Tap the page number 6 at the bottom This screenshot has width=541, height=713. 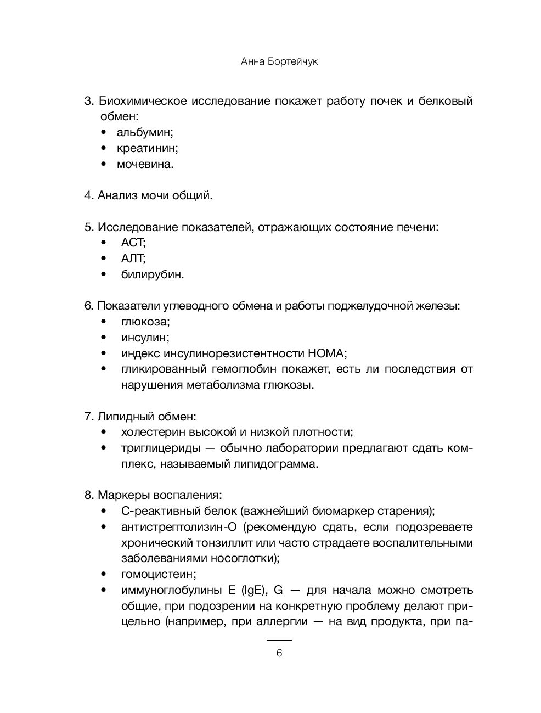279,653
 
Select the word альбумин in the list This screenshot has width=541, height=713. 144,133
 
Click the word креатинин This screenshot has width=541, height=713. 146,148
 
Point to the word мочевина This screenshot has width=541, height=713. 144,164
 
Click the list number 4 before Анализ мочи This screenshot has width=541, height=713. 88,195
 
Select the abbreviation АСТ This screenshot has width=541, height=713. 133,243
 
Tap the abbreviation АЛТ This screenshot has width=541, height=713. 133,259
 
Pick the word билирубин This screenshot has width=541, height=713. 152,274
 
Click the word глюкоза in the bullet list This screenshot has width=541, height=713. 145,322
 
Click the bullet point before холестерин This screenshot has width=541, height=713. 104,433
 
